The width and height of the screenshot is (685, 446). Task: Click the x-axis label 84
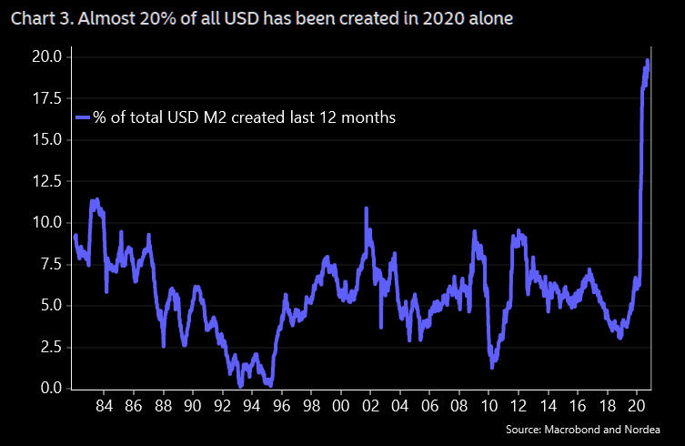pos(104,404)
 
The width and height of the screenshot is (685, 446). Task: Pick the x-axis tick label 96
pos(281,404)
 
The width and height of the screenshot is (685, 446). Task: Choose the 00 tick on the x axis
pos(340,404)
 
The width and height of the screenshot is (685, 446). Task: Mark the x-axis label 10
pos(489,404)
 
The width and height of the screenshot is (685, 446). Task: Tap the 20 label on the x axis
pos(637,404)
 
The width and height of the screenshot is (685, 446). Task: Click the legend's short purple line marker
pos(83,117)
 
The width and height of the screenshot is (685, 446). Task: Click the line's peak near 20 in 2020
pos(647,61)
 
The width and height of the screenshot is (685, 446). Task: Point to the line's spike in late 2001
pos(366,208)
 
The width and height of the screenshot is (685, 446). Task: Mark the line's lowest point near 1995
pos(270,385)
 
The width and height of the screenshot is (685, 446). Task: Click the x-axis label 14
pos(548,404)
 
